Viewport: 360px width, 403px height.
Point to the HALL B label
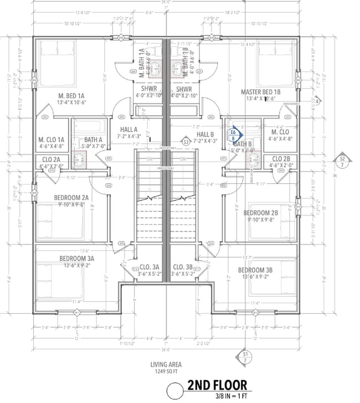205,135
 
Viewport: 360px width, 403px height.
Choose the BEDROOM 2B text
260,213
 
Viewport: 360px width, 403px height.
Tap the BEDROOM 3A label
77,258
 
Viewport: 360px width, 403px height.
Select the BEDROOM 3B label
255,270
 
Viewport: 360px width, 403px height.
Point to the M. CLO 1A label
52,139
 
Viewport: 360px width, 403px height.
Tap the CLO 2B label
280,159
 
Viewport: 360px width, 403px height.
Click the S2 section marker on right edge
342,162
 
